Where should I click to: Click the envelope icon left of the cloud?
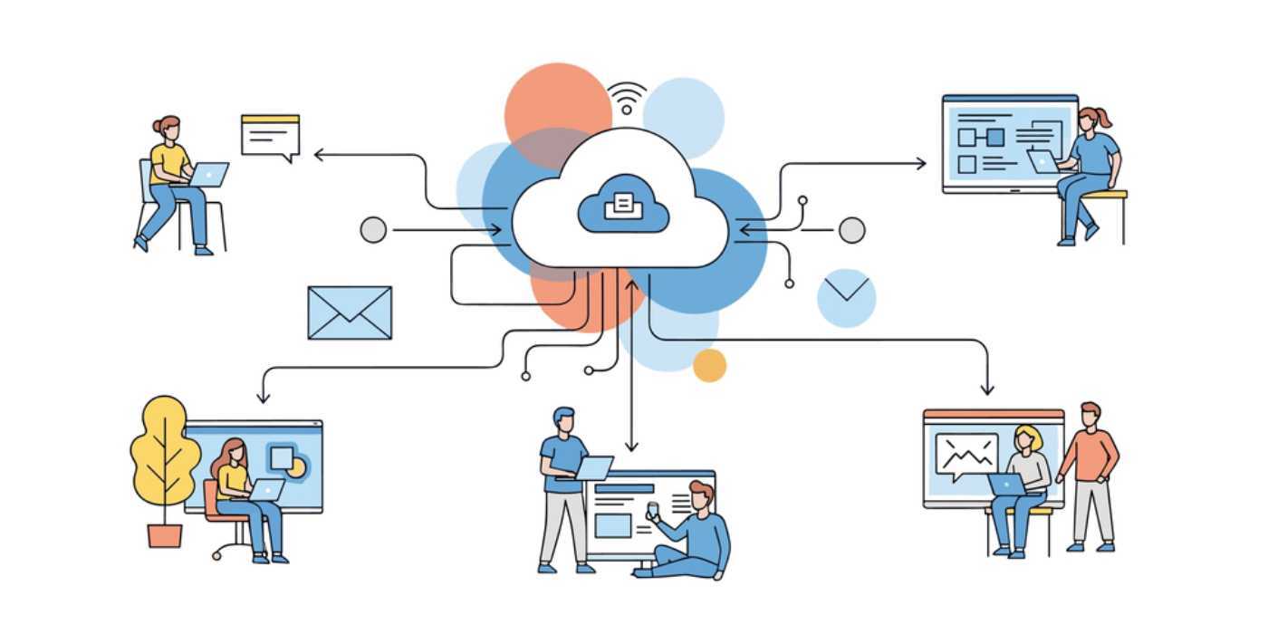[x=350, y=312]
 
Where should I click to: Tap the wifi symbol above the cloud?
[x=627, y=98]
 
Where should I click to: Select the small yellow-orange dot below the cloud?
[x=709, y=365]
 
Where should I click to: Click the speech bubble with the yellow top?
[x=270, y=136]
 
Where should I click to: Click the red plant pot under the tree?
[x=165, y=534]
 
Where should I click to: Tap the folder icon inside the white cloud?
[x=623, y=204]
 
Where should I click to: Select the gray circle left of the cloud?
[x=373, y=230]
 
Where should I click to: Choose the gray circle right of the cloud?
[x=851, y=230]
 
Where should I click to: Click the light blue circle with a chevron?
[x=846, y=297]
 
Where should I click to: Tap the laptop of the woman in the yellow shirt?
[x=210, y=174]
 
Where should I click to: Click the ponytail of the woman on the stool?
[x=1103, y=118]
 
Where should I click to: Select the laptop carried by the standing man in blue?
[x=594, y=467]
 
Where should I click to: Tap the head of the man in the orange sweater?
[x=1090, y=415]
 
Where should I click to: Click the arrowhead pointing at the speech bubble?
[x=317, y=155]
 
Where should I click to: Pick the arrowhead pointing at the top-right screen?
[x=923, y=163]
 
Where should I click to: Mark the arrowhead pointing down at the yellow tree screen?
[x=264, y=398]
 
